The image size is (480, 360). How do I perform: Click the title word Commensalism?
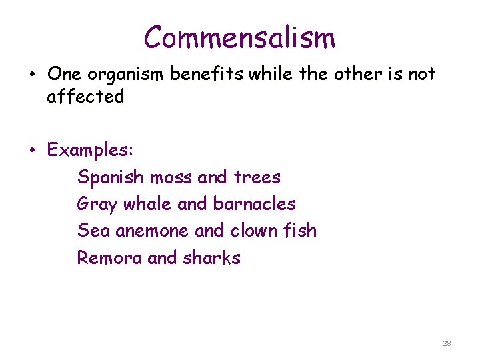(x=240, y=37)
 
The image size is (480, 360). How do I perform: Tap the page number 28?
(x=447, y=343)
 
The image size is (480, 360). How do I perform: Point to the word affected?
(x=85, y=97)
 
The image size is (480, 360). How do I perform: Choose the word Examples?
(x=91, y=151)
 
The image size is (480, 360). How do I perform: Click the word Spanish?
(x=110, y=178)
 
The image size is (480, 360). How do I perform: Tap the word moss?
(x=171, y=178)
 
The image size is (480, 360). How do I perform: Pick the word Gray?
(x=97, y=205)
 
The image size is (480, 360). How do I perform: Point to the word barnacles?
(x=254, y=204)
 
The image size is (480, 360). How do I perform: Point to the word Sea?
(x=93, y=231)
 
